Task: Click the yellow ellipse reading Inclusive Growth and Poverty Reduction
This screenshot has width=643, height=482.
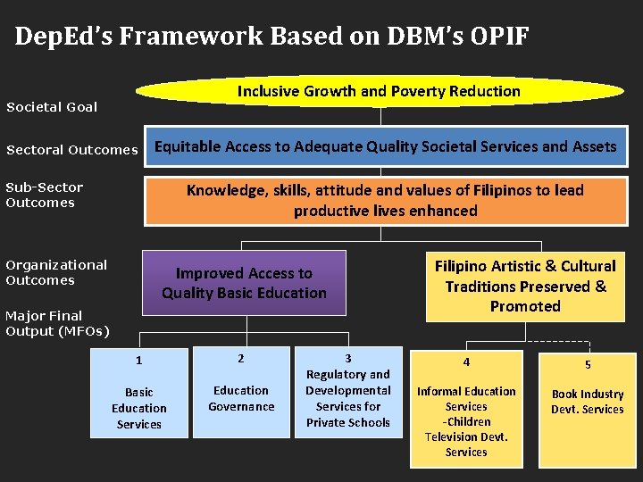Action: tap(379, 91)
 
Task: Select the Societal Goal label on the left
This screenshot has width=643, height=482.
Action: tap(52, 107)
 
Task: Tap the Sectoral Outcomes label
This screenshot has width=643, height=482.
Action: tap(71, 150)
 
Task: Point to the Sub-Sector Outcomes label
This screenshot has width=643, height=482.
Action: tap(44, 195)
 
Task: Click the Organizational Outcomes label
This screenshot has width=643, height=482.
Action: tap(55, 272)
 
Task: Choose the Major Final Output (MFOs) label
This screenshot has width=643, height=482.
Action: tap(57, 323)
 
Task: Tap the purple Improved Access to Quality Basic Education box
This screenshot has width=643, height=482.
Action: tap(244, 283)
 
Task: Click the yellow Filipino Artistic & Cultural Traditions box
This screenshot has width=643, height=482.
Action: tap(525, 286)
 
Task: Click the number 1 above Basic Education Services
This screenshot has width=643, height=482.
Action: tap(138, 361)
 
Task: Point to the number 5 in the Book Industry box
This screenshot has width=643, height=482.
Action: tap(588, 364)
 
